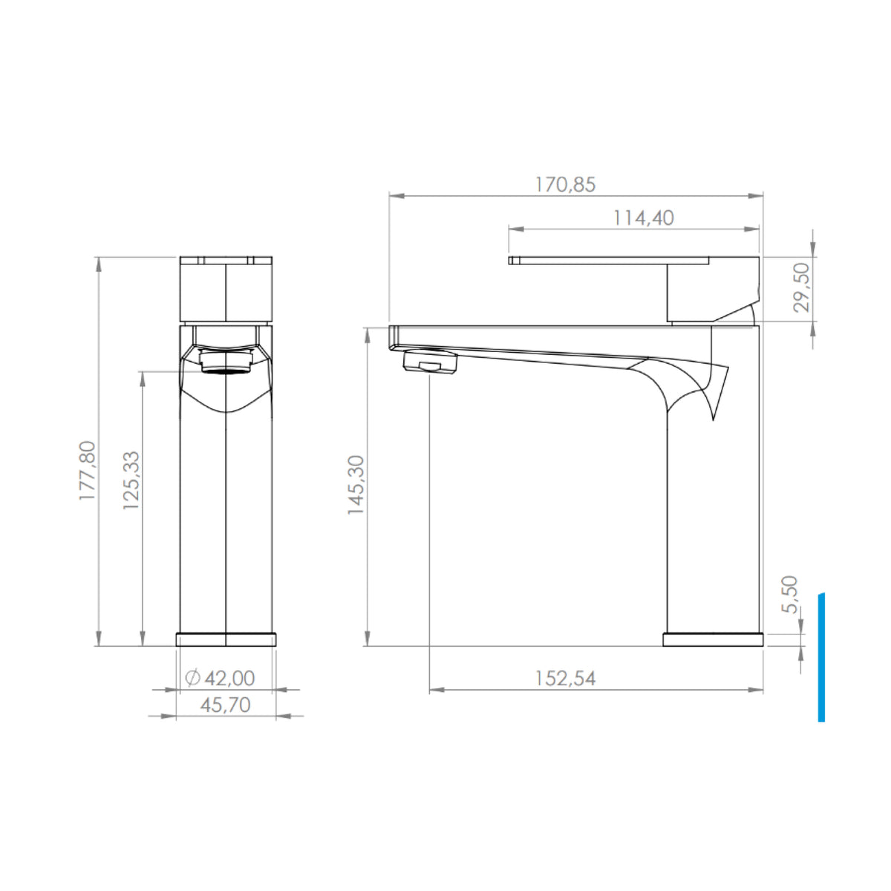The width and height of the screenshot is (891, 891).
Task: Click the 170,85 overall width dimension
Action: pos(565,185)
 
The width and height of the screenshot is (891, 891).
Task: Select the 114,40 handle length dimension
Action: pos(643,218)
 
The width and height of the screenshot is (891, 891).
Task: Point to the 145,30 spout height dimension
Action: pos(356,486)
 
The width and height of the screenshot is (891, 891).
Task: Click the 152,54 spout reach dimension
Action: pos(565,679)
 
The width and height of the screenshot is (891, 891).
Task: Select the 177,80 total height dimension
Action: pos(87,471)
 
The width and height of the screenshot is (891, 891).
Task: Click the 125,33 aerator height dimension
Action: pos(131,480)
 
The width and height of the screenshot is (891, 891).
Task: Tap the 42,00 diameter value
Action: pos(229,678)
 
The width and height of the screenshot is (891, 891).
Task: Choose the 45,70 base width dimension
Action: pos(226,705)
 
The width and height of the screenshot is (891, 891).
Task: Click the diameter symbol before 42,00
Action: pos(192,678)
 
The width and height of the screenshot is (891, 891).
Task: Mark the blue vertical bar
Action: pos(821,657)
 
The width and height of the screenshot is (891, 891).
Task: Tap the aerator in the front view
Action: pos(226,363)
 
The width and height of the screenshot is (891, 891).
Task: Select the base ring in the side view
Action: pos(712,639)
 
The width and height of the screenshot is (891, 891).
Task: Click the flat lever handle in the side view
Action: pos(609,260)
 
